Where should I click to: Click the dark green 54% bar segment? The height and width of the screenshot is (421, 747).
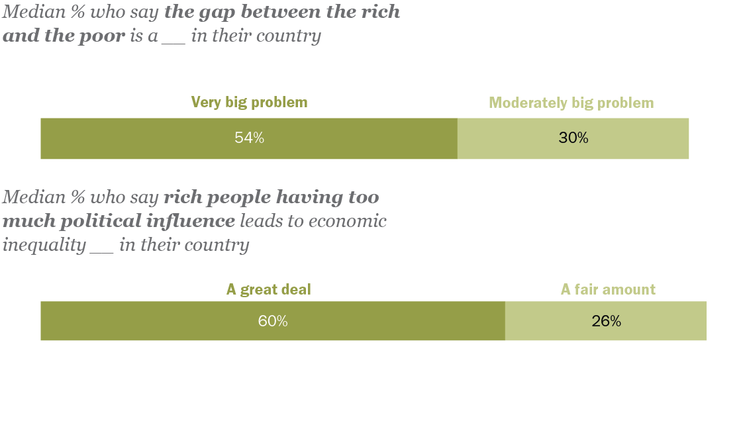pos(166,138)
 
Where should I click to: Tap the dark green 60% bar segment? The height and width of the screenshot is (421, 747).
pos(166,321)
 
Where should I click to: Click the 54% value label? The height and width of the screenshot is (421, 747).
pos(249,138)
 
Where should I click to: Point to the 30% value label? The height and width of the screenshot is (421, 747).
pos(573,138)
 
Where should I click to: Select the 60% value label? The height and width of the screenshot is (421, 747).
pos(273,321)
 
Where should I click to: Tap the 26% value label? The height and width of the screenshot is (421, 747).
pos(606,321)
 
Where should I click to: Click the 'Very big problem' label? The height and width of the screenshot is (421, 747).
pos(249,102)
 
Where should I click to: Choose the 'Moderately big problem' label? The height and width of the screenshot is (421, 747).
pos(571,103)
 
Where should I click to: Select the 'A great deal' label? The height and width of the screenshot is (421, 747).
pos(268,289)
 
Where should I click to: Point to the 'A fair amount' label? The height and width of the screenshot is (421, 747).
pos(608,289)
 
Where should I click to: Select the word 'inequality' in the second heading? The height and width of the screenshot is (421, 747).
pos(44,246)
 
